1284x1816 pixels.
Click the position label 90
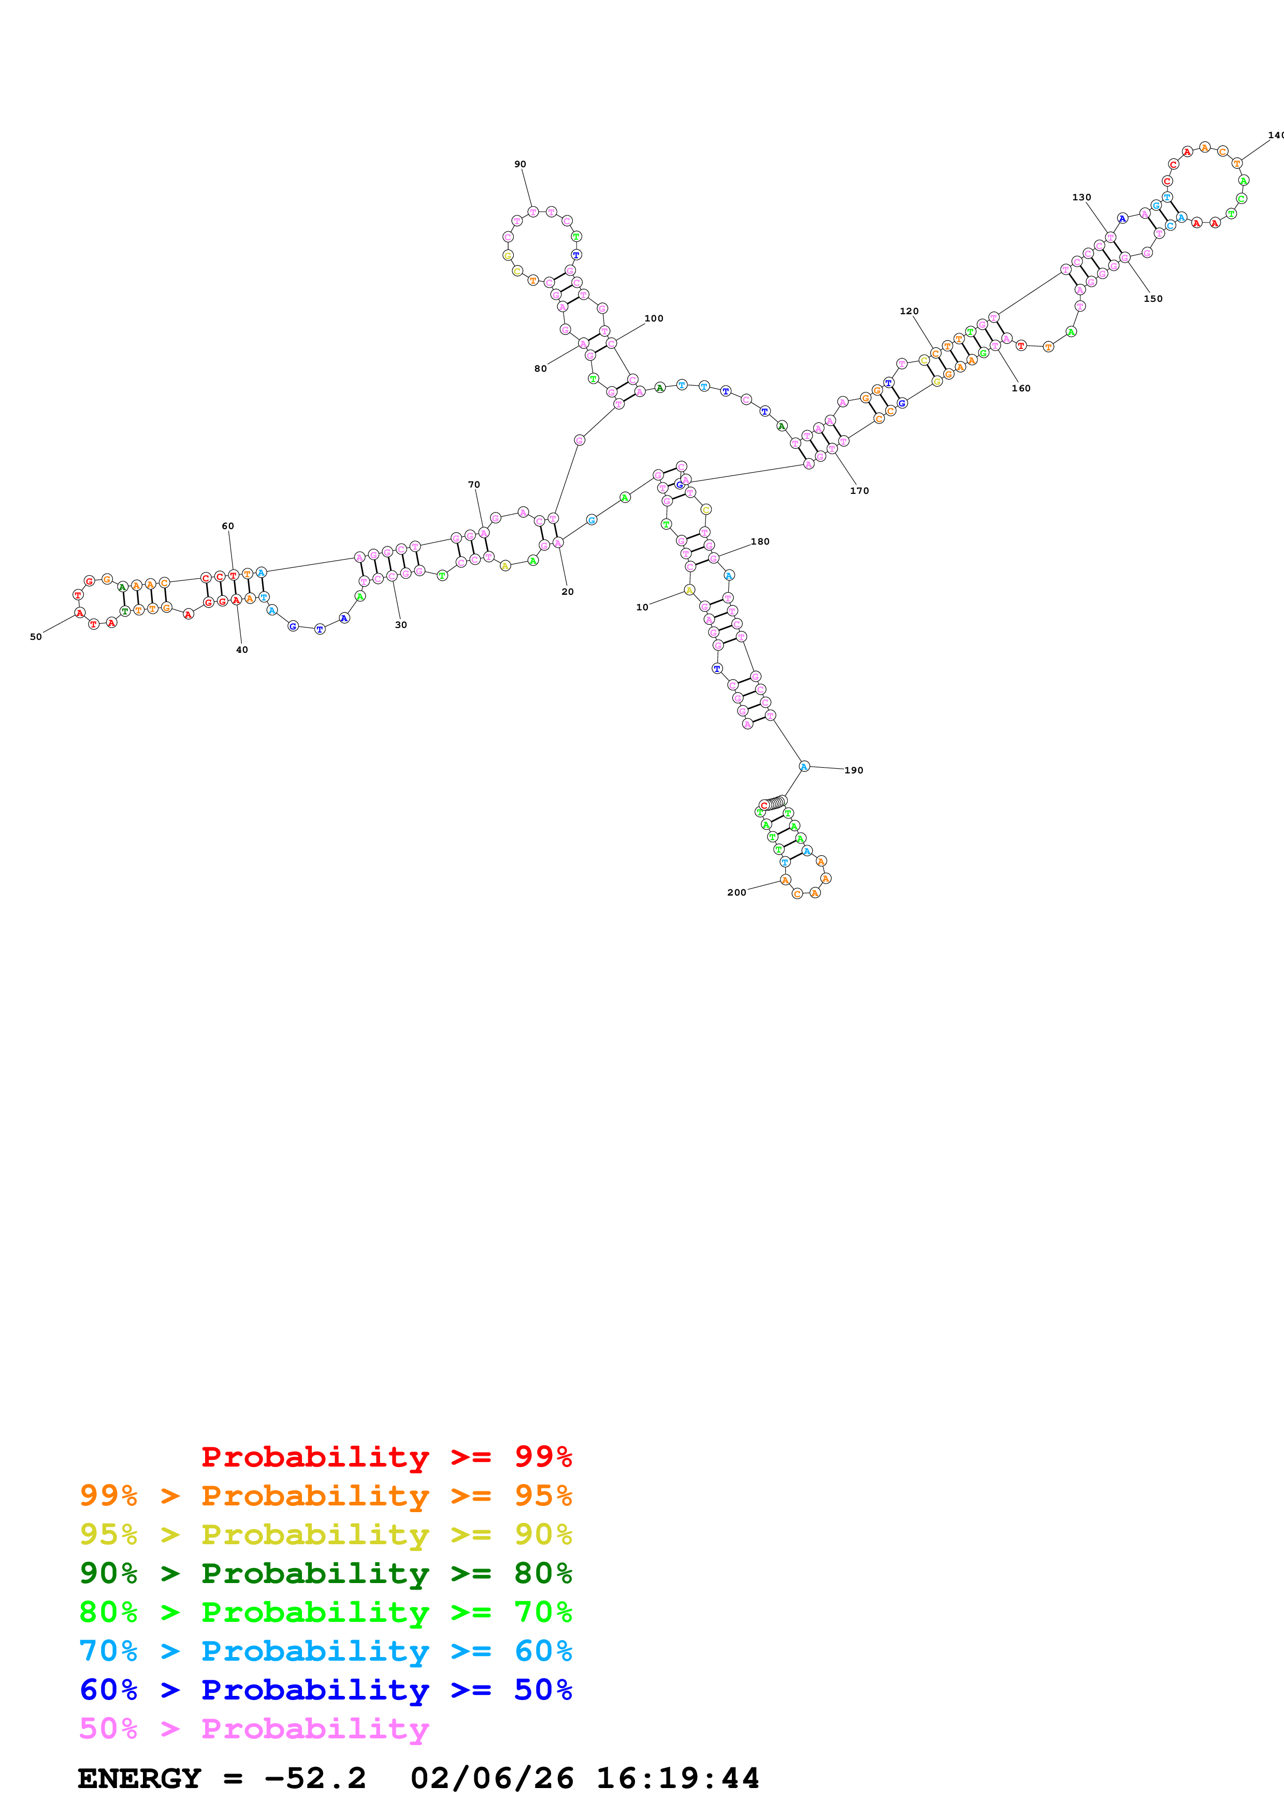pos(520,165)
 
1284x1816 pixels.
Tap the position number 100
pos(654,319)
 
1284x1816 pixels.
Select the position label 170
pos(859,491)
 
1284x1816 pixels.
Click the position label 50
pos(36,637)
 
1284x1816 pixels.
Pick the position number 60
pos(228,526)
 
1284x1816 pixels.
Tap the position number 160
pos(1020,388)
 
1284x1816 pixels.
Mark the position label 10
pos(642,607)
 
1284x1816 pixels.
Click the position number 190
pos(854,770)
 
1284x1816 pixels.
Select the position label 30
pos(401,625)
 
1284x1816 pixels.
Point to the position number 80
pos(540,369)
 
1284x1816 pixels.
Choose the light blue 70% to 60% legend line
pos(325,1651)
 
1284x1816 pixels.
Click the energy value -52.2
pos(315,1778)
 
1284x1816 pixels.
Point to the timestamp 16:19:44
pos(677,1778)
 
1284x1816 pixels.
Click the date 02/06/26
pos(492,1778)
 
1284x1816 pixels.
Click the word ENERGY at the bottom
pos(139,1778)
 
